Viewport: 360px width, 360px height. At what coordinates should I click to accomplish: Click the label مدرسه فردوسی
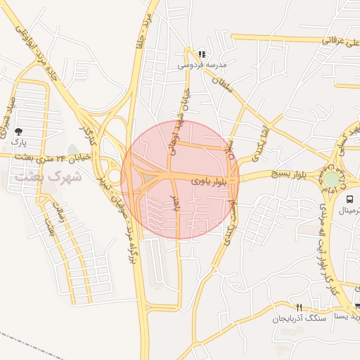[202, 65]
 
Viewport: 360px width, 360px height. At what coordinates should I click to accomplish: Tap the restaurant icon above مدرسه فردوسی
[202, 54]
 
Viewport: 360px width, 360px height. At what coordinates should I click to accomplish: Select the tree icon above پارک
[18, 131]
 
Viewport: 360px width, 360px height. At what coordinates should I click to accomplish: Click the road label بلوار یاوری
[209, 181]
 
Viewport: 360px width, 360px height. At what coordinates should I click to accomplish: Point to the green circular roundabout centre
[331, 179]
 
